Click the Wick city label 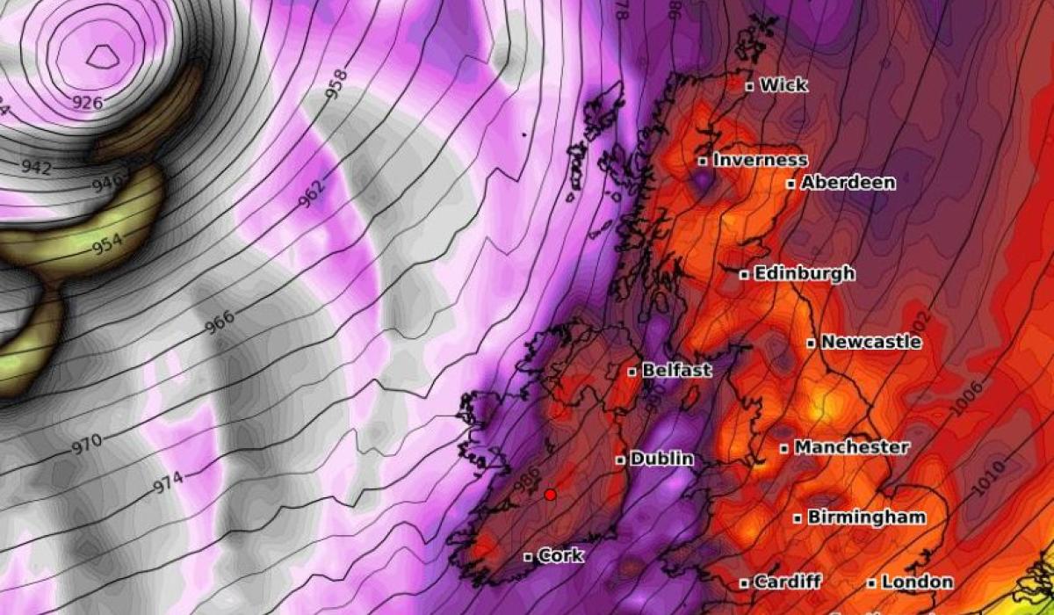point(783,85)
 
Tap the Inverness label point(760,160)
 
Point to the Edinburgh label point(804,273)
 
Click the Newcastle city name point(870,342)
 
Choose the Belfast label point(676,371)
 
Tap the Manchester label point(851,447)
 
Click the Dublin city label point(661,459)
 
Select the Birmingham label point(865,517)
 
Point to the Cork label point(559,556)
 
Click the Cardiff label point(787,582)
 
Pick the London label point(917,582)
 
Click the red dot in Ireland point(551,495)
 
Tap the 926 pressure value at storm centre point(87,103)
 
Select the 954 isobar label point(106,244)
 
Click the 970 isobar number point(86,441)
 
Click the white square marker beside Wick point(749,86)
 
